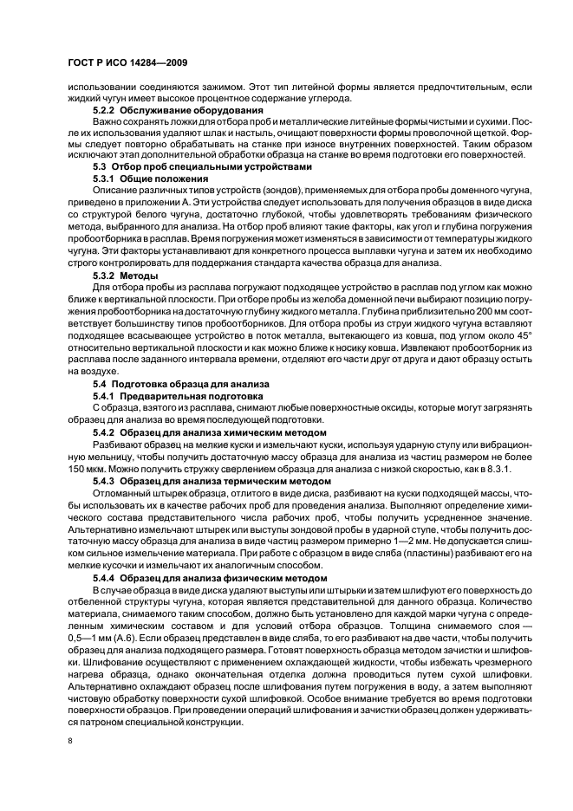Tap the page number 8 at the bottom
coord(71,742)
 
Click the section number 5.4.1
coord(106,395)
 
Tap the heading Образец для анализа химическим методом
coord(225,431)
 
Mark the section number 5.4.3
coord(106,480)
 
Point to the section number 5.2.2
coord(106,111)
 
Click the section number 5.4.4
coord(106,577)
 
